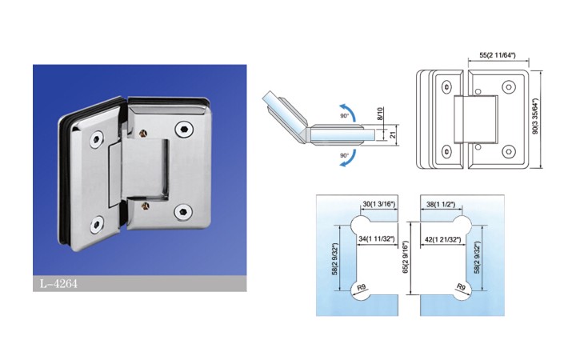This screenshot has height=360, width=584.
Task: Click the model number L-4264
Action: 58,284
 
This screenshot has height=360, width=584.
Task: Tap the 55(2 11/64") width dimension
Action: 498,55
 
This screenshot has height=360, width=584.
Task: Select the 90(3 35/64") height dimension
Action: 535,116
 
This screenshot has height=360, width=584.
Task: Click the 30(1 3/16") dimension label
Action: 378,204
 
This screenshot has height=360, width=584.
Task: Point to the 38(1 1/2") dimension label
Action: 441,204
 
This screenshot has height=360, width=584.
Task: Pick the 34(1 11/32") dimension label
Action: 376,238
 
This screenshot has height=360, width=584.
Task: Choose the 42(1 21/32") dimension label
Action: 443,239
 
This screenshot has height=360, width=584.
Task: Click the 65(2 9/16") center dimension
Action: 406,258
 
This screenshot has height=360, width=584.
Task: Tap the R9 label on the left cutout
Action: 362,287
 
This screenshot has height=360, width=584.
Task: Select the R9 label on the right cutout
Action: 461,287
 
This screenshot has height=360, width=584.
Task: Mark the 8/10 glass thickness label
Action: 380,114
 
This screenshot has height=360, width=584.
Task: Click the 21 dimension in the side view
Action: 392,134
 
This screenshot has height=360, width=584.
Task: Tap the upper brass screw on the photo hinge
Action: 142,134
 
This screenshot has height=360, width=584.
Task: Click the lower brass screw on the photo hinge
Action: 146,205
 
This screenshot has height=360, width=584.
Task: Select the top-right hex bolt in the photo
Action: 182,129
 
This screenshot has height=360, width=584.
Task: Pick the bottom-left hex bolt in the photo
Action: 97,225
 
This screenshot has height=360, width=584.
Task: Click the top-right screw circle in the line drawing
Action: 508,86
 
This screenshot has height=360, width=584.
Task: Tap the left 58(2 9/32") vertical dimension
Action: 335,258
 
